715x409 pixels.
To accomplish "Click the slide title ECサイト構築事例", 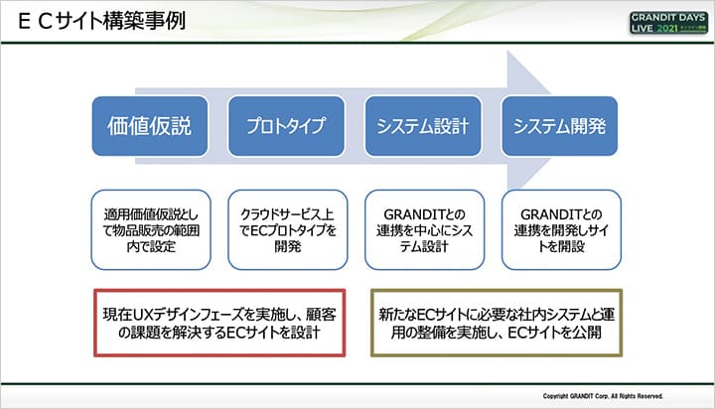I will [98, 20].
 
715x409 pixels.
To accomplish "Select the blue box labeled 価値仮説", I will [150, 126].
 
